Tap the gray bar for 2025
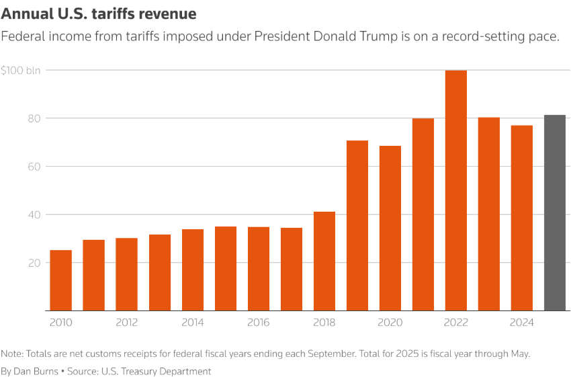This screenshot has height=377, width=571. point(554,212)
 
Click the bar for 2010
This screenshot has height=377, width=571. point(61,280)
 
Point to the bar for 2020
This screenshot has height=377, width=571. point(390,228)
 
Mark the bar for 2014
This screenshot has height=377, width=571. point(193,269)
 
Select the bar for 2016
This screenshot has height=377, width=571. point(259,268)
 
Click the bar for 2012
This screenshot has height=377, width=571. point(127,274)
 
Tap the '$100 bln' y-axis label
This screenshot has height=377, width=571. point(21,70)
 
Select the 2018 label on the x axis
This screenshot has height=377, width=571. point(324,323)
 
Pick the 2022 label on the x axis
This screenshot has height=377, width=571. point(455,323)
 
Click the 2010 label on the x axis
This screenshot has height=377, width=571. point(61,323)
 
